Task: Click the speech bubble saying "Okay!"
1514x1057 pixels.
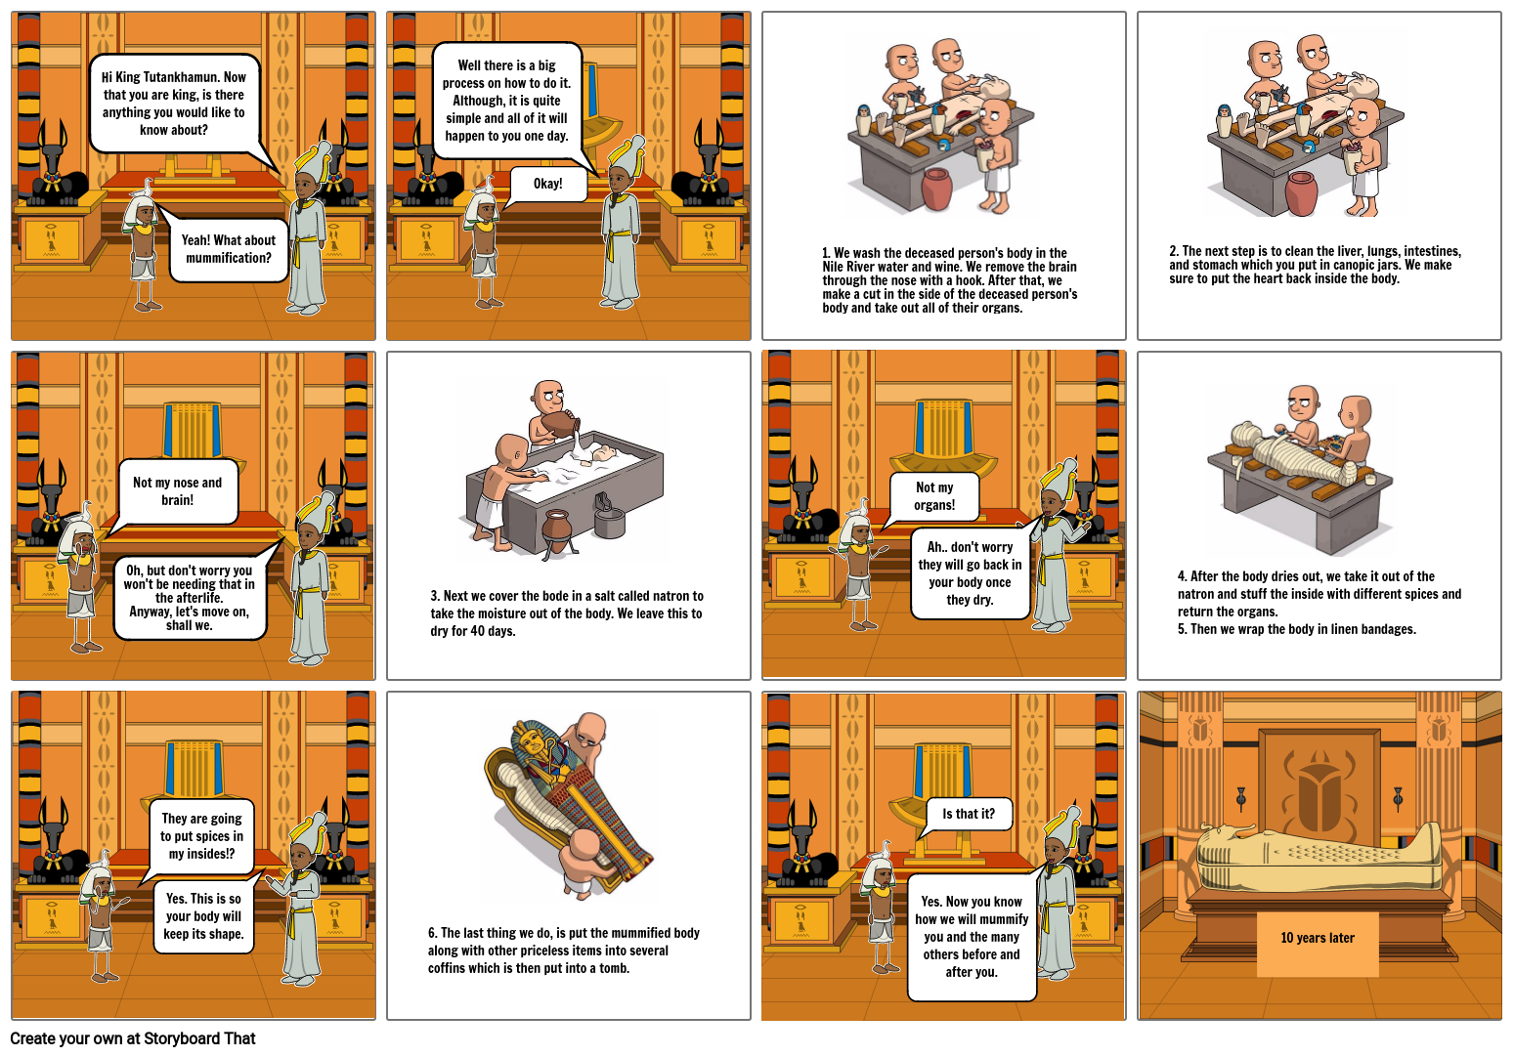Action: (x=547, y=184)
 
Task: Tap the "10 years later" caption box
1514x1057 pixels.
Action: (x=1318, y=944)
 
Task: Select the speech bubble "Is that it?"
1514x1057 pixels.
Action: (x=968, y=815)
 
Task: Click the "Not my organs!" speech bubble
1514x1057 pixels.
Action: (x=933, y=496)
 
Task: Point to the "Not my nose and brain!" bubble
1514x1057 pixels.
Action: (x=177, y=491)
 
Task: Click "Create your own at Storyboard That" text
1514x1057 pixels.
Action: (x=133, y=1038)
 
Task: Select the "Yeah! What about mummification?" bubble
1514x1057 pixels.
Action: (x=229, y=249)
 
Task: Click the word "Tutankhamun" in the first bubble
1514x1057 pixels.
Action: (x=182, y=77)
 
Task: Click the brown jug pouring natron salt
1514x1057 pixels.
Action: (x=561, y=424)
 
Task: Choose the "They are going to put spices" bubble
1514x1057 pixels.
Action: (x=201, y=836)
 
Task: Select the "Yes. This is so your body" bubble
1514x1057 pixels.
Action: (x=204, y=916)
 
